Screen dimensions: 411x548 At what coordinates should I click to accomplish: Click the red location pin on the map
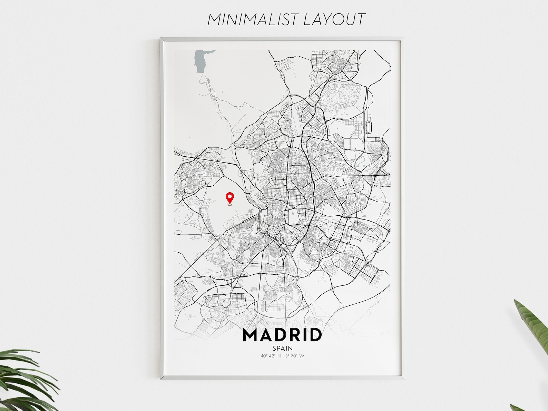click(229, 198)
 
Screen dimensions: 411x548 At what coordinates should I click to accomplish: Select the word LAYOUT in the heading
click(333, 20)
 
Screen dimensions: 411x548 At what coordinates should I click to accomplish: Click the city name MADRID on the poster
click(282, 335)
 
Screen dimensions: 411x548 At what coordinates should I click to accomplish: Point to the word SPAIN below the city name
click(282, 348)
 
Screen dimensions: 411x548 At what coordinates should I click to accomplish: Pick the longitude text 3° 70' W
click(294, 356)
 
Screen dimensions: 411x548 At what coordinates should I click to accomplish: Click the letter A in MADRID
click(266, 335)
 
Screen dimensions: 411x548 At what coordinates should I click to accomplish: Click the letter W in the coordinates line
click(302, 356)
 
